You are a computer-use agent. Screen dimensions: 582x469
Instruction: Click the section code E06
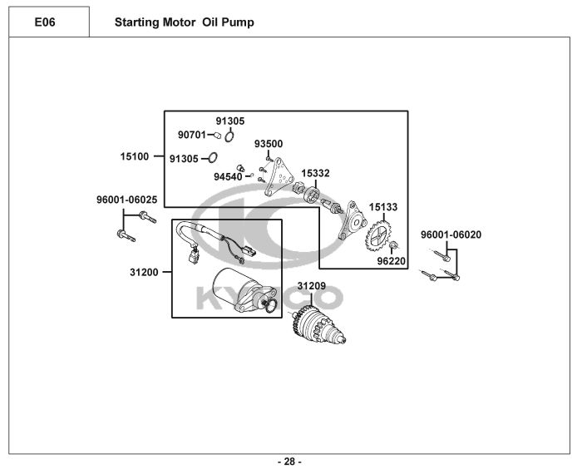(x=45, y=22)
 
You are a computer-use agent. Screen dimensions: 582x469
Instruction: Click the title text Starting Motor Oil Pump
(x=185, y=22)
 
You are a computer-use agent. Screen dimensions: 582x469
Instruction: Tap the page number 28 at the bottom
(x=289, y=462)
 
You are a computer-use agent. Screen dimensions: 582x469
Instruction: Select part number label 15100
(x=135, y=156)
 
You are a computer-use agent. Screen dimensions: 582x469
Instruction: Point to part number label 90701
(x=191, y=135)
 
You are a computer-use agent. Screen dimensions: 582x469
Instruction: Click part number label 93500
(x=269, y=144)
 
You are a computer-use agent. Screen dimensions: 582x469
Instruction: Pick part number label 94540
(x=228, y=177)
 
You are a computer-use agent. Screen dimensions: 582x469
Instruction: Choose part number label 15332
(x=315, y=173)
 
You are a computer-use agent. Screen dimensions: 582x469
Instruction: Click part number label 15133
(x=383, y=207)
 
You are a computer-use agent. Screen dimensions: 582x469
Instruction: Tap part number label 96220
(x=392, y=261)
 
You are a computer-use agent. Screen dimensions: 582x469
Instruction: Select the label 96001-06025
(x=127, y=200)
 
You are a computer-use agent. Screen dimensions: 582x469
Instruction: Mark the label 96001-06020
(x=451, y=234)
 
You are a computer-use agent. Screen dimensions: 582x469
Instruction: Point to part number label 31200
(x=144, y=272)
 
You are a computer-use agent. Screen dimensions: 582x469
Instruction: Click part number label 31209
(x=312, y=286)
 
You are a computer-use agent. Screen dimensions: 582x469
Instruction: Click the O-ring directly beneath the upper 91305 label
(x=229, y=136)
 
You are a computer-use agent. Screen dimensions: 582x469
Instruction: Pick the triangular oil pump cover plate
(x=279, y=177)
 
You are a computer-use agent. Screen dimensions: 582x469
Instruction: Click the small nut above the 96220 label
(x=393, y=244)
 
